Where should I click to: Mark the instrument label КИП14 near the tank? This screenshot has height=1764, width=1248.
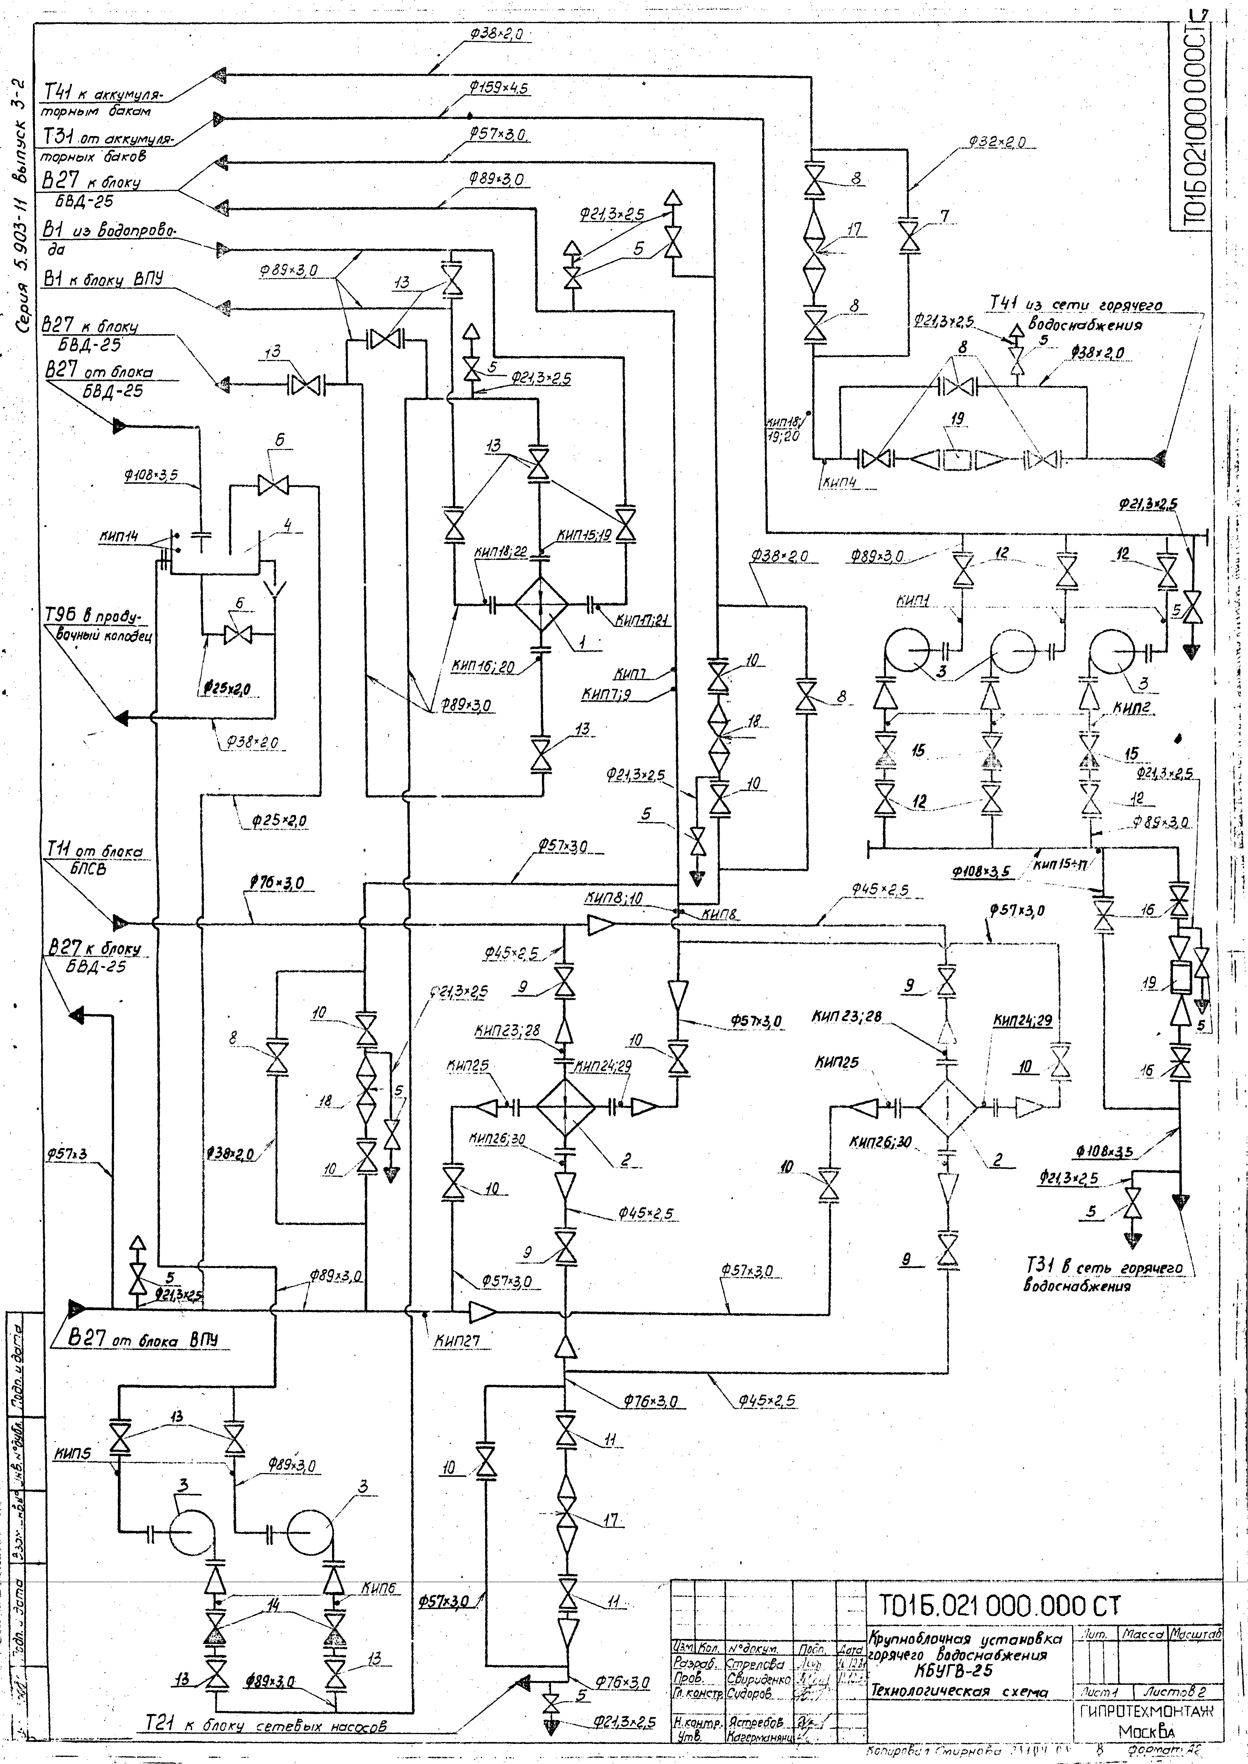click(x=118, y=537)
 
